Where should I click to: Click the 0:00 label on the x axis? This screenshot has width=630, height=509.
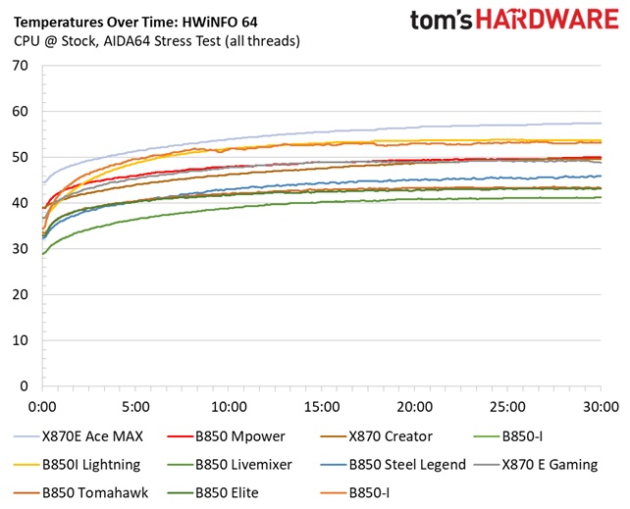click(42, 405)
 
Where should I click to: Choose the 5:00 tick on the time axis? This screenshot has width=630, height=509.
click(135, 405)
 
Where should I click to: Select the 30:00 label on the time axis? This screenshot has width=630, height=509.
click(600, 405)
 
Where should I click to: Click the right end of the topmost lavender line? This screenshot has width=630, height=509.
click(600, 123)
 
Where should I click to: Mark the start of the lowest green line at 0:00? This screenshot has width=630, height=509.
click(43, 253)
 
